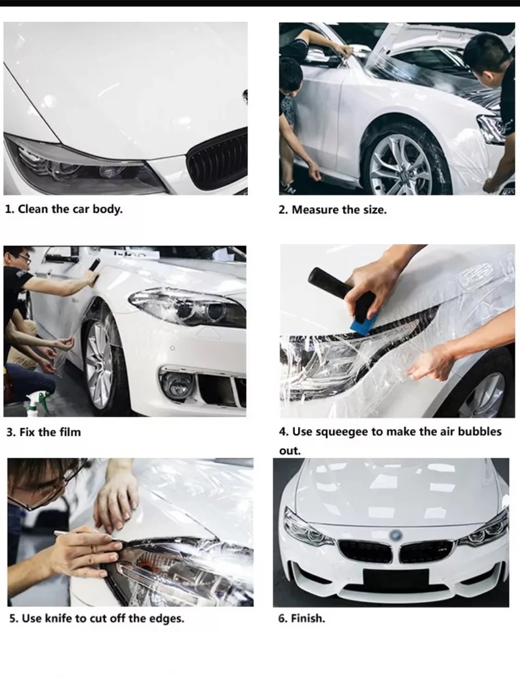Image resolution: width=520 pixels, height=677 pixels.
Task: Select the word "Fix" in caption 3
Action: [x=27, y=432]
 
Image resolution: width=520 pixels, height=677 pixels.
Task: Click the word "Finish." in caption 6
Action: [x=308, y=619]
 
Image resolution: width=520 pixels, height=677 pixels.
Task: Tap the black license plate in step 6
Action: [x=396, y=580]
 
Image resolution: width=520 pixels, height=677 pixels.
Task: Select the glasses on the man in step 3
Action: [x=24, y=258]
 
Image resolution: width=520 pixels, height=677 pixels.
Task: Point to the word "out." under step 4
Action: [x=290, y=451]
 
